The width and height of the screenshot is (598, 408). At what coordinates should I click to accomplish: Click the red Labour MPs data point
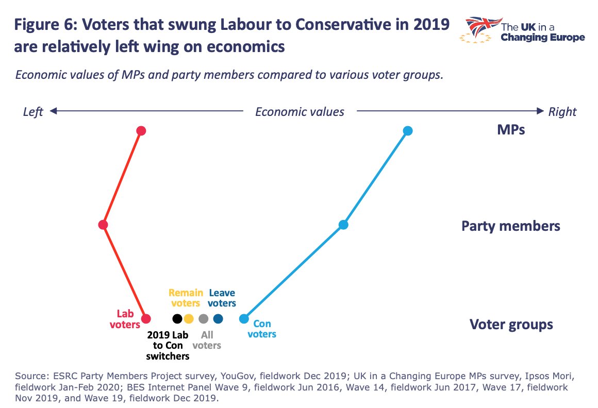point(141,131)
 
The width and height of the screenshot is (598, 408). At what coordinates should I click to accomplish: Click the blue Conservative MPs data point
point(407,131)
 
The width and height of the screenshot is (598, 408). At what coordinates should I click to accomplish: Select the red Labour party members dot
point(103,225)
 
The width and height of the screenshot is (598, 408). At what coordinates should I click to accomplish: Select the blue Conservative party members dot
point(343,225)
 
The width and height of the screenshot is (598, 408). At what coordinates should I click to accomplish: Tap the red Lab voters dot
point(146,318)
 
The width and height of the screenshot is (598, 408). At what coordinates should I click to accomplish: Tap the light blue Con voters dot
point(244,319)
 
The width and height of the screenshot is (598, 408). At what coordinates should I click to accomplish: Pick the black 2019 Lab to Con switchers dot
point(177,318)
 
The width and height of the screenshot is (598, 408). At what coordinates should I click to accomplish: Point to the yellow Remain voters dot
point(189,318)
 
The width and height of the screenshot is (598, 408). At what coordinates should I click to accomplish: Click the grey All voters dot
point(204,318)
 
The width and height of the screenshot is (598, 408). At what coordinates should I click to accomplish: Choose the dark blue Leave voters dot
point(218,318)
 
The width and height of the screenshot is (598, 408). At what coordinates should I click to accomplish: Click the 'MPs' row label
point(510,129)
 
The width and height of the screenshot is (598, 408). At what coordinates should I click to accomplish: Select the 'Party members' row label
point(510,226)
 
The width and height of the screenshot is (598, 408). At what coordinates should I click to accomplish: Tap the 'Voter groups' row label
point(511,325)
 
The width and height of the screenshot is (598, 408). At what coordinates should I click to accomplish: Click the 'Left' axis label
point(33,112)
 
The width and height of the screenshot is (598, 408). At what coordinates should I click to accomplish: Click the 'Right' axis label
point(562,112)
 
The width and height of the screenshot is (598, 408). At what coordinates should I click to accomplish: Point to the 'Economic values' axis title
point(300,112)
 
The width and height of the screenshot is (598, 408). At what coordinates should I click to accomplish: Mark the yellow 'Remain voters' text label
point(186,298)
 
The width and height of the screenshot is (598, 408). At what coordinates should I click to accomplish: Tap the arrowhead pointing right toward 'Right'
point(540,111)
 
